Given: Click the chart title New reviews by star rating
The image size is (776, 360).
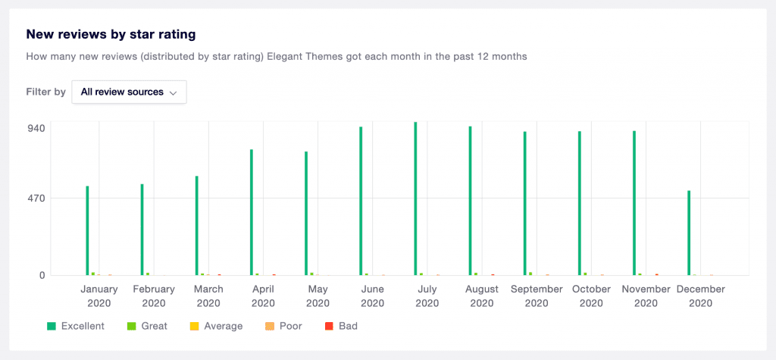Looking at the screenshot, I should [111, 34].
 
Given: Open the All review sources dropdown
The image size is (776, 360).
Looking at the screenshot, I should [129, 92].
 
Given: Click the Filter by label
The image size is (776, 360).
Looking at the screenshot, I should [45, 92].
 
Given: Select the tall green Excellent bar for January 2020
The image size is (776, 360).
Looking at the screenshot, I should [87, 230].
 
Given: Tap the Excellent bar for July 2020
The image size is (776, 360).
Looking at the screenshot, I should [415, 199].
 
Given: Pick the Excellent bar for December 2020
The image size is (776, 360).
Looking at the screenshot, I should [689, 233].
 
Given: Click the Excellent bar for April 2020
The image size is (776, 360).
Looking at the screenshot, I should [251, 212].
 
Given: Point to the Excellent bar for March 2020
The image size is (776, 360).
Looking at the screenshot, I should [196, 225].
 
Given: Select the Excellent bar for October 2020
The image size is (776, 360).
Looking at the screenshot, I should [579, 203].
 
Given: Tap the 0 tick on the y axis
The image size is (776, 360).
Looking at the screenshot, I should [42, 275].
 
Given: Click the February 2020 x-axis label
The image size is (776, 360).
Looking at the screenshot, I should [154, 296].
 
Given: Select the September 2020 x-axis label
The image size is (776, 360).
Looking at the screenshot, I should [537, 296].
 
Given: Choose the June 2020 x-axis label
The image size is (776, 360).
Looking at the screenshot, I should [373, 296].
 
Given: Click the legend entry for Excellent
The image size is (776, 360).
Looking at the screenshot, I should [76, 326].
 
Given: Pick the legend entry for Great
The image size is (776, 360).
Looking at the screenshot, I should [147, 326].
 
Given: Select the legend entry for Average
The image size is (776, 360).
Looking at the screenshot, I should [216, 326].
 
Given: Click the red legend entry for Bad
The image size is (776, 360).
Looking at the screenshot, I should [341, 326].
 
